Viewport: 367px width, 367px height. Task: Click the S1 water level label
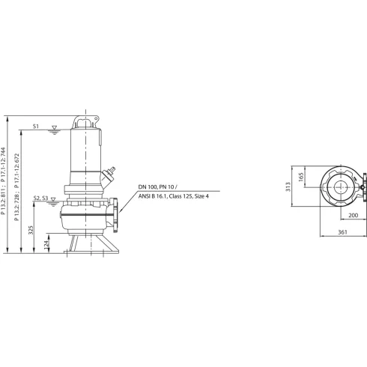point(37,126)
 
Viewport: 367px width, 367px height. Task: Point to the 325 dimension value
point(31,231)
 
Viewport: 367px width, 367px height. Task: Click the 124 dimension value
point(46,245)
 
